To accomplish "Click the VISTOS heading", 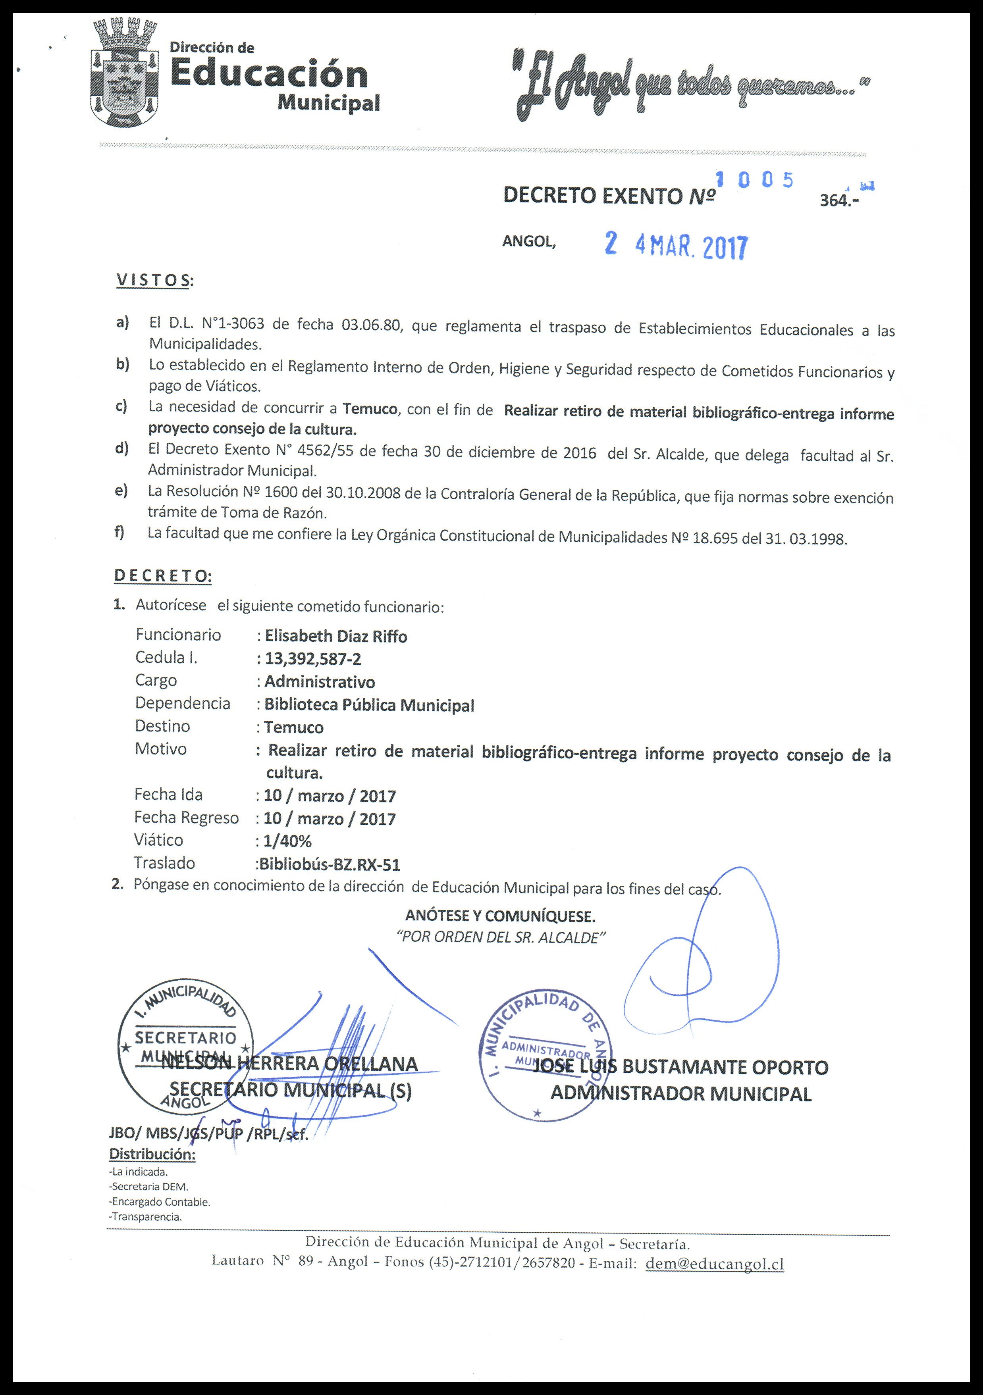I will click(153, 280).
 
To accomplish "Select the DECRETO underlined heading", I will click(162, 576).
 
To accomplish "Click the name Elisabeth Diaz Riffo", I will click(335, 637).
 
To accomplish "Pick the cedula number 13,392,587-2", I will click(313, 659).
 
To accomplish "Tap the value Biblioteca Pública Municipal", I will click(369, 705).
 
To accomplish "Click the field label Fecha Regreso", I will click(187, 818).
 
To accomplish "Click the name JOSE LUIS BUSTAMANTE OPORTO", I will click(680, 1068).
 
